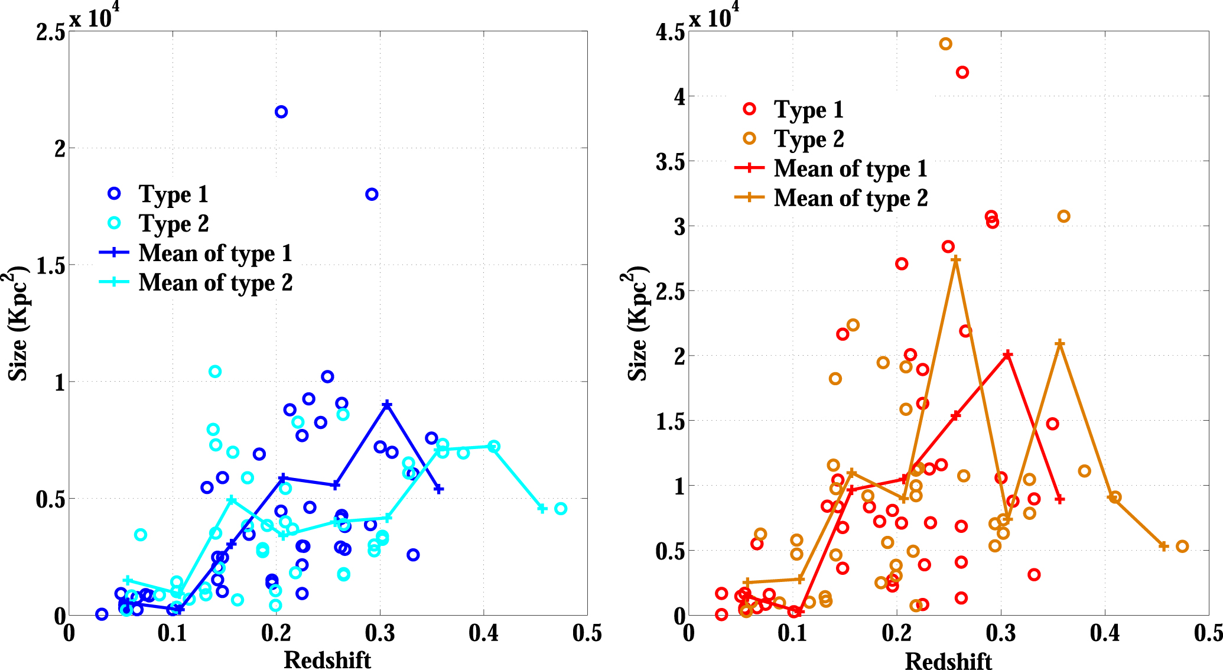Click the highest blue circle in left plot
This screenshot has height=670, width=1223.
281,112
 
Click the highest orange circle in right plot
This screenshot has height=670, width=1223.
945,44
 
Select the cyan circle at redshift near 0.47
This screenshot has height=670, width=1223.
561,509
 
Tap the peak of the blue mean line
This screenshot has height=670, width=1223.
387,405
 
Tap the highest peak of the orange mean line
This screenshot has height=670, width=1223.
956,260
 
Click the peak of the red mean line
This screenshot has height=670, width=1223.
1008,354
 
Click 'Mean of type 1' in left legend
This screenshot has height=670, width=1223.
215,253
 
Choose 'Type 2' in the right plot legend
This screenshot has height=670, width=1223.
809,139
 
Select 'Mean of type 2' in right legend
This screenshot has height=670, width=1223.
851,198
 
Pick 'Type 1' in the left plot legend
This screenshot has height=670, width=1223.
173,194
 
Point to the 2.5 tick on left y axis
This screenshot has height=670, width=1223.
51,32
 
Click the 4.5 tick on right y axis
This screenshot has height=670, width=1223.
671,32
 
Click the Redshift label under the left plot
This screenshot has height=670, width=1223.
327,660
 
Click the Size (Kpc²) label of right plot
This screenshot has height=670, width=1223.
637,324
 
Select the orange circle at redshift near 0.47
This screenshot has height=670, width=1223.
1182,547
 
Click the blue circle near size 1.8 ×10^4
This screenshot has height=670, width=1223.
372,194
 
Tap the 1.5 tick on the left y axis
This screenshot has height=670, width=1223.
51,265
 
